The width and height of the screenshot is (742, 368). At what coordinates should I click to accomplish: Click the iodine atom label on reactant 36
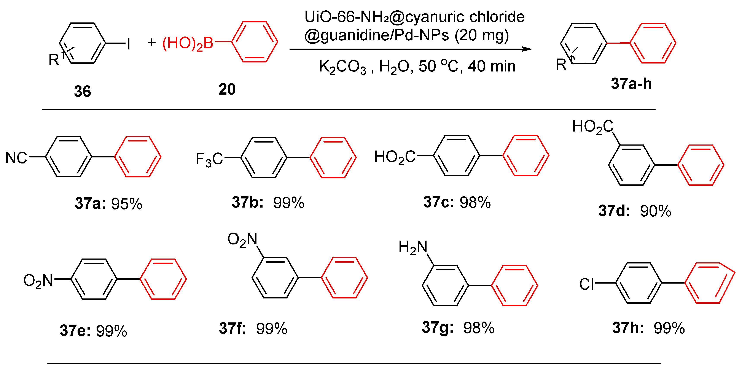129,44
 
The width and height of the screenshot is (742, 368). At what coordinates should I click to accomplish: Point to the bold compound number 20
227,89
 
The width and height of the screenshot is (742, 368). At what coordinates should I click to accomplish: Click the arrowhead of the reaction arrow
527,49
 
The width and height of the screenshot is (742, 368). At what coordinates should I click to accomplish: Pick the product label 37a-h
631,84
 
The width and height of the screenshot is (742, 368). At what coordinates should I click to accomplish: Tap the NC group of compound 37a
16,158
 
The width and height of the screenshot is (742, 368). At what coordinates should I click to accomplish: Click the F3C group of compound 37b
209,159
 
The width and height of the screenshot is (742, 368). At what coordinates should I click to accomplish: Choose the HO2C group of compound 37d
592,127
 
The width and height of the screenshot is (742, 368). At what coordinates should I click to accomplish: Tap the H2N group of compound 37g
413,247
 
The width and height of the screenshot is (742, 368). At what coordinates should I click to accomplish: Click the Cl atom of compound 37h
587,284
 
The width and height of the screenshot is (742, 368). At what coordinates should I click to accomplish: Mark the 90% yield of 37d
656,211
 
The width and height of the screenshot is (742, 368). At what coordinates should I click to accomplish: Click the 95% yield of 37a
127,204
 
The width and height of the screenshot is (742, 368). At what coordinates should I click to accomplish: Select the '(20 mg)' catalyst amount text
482,35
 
